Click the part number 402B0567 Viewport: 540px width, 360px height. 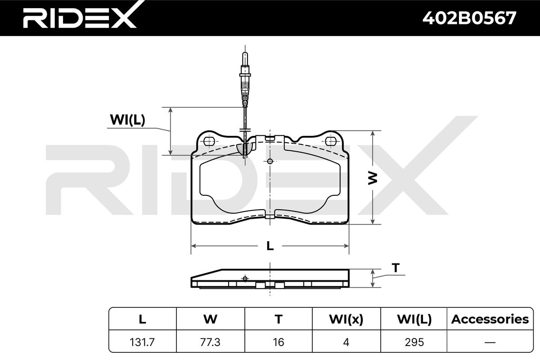click(469, 18)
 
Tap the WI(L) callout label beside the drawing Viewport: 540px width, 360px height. click(127, 120)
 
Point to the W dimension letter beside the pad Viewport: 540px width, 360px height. click(373, 178)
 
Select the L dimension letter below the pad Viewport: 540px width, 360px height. click(270, 246)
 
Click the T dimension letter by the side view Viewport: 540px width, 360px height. click(396, 268)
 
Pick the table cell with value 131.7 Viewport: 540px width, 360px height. click(142, 342)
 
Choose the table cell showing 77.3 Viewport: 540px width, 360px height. click(210, 342)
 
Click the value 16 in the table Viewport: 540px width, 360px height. click(279, 342)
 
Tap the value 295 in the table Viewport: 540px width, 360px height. click(414, 342)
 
